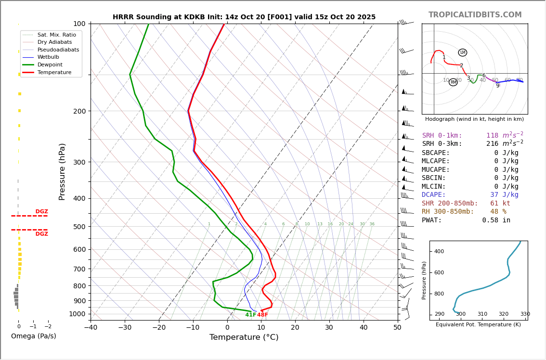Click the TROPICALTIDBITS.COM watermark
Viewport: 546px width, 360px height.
point(475,15)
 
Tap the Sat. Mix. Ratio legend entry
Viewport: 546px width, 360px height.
point(56,35)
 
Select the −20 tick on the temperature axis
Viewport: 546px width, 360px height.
point(159,328)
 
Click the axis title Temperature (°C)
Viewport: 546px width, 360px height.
point(244,337)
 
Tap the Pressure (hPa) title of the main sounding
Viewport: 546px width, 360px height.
point(62,171)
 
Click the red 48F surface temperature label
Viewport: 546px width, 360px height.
point(262,315)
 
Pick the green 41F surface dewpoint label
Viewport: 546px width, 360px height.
point(251,315)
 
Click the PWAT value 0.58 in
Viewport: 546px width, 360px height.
point(496,220)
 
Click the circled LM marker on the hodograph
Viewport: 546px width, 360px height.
point(463,52)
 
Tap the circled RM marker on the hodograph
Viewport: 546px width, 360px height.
point(453,82)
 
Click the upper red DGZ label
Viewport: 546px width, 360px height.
point(41,212)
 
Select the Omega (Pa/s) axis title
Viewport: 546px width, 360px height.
point(33,336)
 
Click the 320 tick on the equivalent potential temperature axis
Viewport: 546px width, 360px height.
point(503,314)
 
